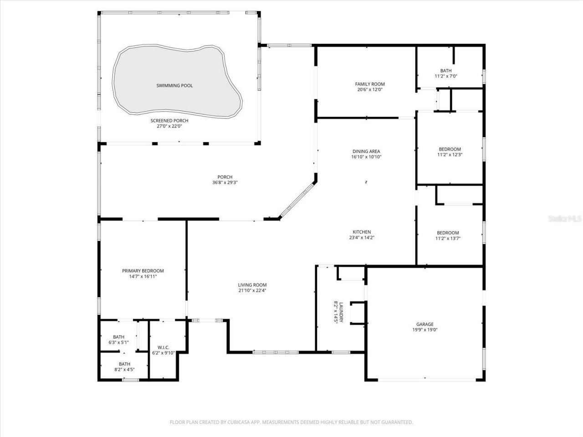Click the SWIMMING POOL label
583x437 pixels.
pos(174,86)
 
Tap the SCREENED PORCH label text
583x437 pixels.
pos(169,121)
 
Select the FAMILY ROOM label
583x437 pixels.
pos(370,84)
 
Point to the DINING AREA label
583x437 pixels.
pos(366,152)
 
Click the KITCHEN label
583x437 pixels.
pos(362,232)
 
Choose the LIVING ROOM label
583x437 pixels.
pos(252,285)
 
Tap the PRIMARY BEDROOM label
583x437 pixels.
pos(143,271)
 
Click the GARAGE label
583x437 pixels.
pos(424,325)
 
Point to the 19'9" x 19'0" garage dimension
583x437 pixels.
pos(424,330)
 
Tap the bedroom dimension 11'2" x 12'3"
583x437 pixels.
pos(450,155)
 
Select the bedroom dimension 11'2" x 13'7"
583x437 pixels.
pos(448,238)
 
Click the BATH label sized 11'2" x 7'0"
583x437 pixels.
pos(446,71)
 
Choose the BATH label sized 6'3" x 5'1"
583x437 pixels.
pos(118,337)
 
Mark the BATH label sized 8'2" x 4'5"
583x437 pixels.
pos(124,364)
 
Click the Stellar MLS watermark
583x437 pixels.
pos(565,219)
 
